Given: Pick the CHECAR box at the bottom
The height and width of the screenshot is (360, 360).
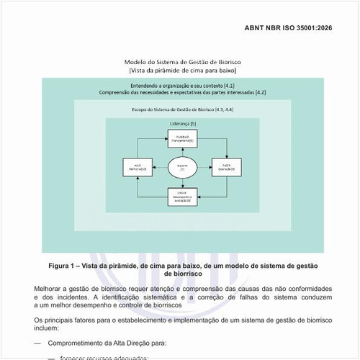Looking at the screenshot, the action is pyautogui.click(x=181, y=195).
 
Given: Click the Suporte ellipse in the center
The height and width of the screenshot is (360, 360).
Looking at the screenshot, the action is pyautogui.click(x=181, y=168).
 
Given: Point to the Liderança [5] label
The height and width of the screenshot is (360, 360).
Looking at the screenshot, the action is pyautogui.click(x=182, y=124).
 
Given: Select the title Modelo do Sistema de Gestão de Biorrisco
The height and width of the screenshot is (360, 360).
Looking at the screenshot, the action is pyautogui.click(x=181, y=63).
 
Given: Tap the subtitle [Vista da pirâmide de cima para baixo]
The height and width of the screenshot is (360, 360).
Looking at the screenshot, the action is pyautogui.click(x=181, y=71).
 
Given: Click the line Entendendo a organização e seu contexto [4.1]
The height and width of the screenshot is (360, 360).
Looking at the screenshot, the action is pyautogui.click(x=181, y=86).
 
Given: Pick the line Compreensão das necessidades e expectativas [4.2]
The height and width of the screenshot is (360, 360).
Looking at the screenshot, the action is pyautogui.click(x=181, y=93).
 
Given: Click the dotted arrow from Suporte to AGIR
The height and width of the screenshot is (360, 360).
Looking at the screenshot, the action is pyautogui.click(x=158, y=168).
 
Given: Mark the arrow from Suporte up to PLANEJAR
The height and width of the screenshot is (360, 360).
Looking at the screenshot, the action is pyautogui.click(x=181, y=152).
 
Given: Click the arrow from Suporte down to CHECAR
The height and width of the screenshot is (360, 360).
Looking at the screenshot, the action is pyautogui.click(x=181, y=183).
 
